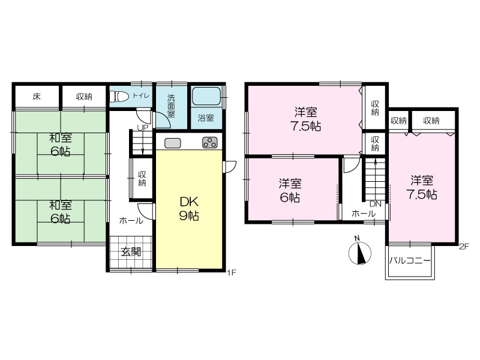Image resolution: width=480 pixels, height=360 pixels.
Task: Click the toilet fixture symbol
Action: coord(120,97)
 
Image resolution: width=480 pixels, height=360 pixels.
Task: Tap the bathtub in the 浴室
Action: coord(206,96)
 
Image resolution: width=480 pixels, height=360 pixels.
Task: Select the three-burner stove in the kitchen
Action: coord(210,143)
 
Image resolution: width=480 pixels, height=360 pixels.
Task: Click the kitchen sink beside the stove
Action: coord(173,143)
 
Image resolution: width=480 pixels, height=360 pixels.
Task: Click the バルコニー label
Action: coord(410,261)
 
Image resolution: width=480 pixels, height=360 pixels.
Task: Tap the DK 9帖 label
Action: coord(189,209)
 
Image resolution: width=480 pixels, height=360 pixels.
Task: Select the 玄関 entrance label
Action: coord(131,252)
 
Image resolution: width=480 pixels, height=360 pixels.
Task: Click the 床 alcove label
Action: coord(37,97)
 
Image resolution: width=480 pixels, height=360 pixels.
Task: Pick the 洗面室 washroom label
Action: coord(171,106)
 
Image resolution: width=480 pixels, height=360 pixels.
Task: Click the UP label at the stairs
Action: coord(142,128)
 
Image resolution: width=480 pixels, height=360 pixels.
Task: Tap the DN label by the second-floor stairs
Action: coord(376,204)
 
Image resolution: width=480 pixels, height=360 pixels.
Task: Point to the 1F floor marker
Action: coord(232,272)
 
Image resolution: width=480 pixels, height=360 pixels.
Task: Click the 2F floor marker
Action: coord(464,247)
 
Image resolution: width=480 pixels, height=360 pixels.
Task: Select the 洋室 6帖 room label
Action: coord(290,190)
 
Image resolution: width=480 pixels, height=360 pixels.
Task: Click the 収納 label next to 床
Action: coord(84,97)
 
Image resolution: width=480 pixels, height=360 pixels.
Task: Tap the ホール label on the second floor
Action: coord(364,214)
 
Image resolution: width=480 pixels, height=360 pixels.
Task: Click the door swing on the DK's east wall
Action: coord(230,167)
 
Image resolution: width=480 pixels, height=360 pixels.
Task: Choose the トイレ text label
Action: coord(140,96)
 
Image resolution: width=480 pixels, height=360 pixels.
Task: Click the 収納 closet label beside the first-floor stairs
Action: coord(142,179)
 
